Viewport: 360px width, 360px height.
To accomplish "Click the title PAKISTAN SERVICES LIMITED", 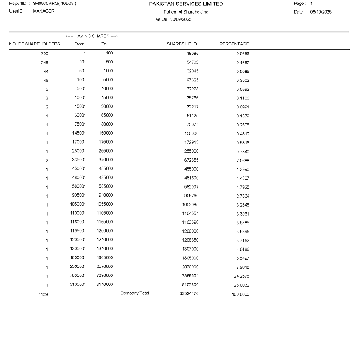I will pyautogui.click(x=186, y=4).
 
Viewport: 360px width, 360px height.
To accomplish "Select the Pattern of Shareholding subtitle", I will pyautogui.click(x=186, y=12).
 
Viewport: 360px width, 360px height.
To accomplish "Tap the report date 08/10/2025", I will pyautogui.click(x=321, y=12).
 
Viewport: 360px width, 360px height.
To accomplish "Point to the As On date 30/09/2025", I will pyautogui.click(x=181, y=19).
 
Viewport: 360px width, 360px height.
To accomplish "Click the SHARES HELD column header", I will pyautogui.click(x=182, y=44).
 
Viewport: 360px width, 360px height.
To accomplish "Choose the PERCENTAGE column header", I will pyautogui.click(x=234, y=44).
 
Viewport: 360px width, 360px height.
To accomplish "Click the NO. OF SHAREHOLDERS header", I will pyautogui.click(x=35, y=44).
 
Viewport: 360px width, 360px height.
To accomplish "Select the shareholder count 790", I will pyautogui.click(x=44, y=54).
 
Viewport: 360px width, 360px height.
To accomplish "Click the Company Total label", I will pyautogui.click(x=135, y=293).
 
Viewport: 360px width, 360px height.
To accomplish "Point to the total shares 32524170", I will pyautogui.click(x=189, y=294).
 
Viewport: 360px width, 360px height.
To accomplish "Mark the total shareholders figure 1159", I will pyautogui.click(x=43, y=294).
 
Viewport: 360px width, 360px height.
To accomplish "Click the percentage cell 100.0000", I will pyautogui.click(x=241, y=294).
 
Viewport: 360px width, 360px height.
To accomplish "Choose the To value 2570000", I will pyautogui.click(x=104, y=266).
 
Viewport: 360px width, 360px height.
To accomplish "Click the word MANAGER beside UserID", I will pyautogui.click(x=44, y=11).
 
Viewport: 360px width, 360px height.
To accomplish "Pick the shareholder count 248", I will pyautogui.click(x=44, y=63).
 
